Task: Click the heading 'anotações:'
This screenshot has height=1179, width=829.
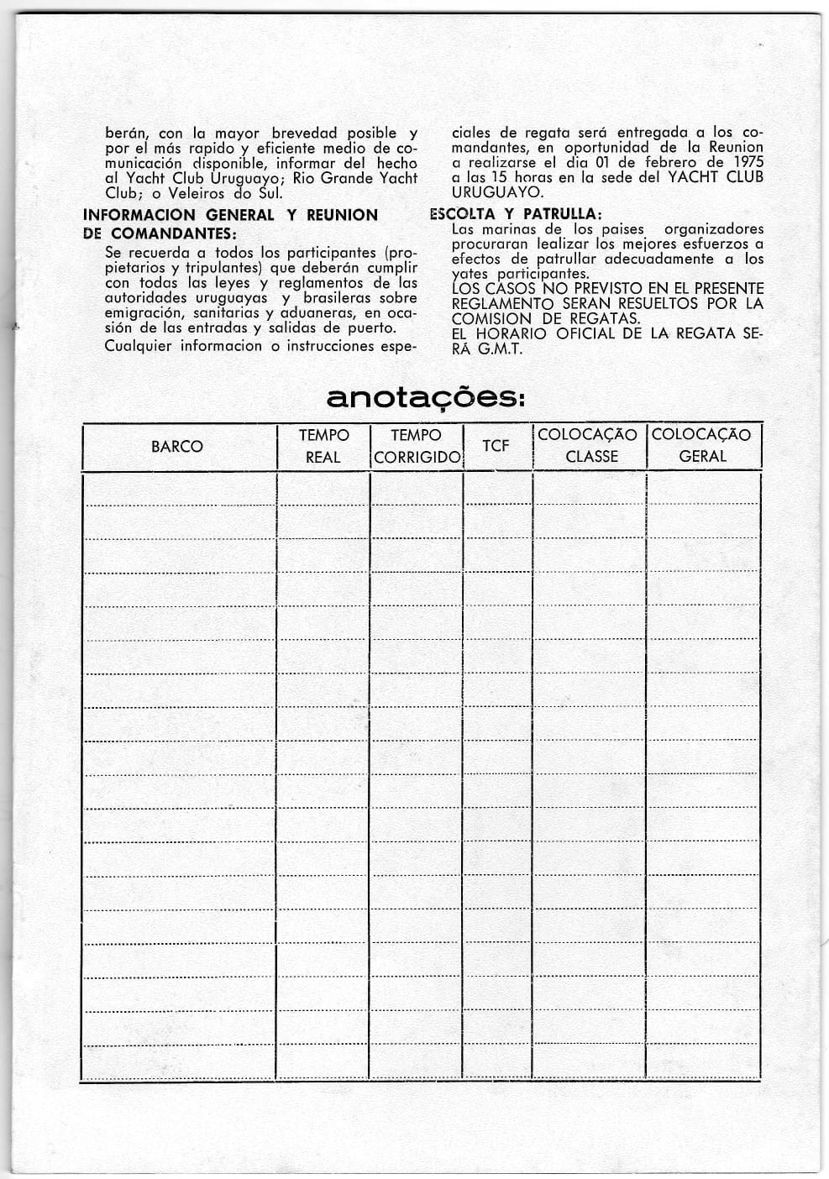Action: [425, 397]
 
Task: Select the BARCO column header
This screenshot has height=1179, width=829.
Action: [176, 447]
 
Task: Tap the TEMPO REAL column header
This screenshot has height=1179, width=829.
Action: [323, 446]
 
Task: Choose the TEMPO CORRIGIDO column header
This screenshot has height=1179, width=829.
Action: [417, 446]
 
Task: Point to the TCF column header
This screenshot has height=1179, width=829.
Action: [496, 445]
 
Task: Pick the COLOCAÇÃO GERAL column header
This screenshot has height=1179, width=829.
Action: [702, 446]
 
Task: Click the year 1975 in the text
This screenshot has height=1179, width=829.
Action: [748, 162]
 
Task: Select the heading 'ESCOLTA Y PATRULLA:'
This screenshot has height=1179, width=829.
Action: [516, 214]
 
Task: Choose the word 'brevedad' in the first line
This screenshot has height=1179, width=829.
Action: [305, 133]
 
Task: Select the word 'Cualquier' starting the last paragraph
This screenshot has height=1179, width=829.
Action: [138, 346]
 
